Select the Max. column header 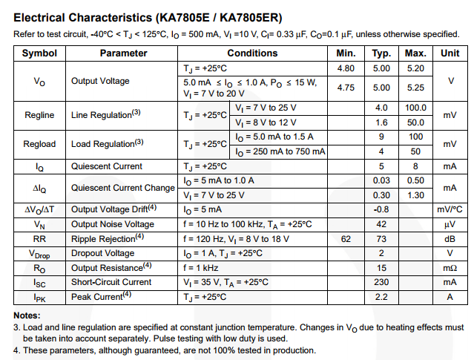pos(415,53)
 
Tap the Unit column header pos(450,53)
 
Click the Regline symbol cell pos(39,115)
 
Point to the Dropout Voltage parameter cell pos(102,253)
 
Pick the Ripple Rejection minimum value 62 pos(346,239)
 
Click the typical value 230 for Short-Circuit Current pos(381,282)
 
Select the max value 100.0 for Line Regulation pos(415,108)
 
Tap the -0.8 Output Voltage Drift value pos(381,209)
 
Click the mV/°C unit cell pos(450,209)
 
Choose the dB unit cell pos(450,239)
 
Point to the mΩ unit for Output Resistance pos(450,267)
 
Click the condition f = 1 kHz pos(205,267)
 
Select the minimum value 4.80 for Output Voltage pos(346,68)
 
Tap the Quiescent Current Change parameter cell pos(122,188)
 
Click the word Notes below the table pos(27,315)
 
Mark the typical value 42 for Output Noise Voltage pos(381,224)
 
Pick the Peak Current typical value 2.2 pos(381,297)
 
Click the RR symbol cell pos(39,239)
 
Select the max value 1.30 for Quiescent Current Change pos(415,195)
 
